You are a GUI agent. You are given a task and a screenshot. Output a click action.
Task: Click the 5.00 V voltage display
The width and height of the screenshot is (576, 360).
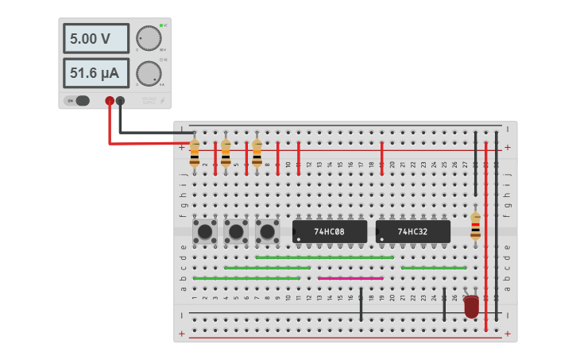(x=95, y=38)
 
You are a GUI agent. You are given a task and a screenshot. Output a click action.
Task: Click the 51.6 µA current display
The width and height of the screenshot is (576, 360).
(x=95, y=74)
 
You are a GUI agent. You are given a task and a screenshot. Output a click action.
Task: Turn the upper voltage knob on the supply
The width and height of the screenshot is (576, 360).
(x=148, y=38)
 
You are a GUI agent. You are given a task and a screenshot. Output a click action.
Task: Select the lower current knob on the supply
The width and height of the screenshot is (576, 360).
(x=148, y=74)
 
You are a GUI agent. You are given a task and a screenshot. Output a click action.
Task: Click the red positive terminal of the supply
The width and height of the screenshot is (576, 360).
(x=110, y=101)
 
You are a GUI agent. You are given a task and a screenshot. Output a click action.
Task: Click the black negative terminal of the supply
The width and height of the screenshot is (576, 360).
(x=120, y=101)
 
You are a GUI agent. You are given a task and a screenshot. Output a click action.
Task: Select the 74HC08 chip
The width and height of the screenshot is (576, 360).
(x=330, y=231)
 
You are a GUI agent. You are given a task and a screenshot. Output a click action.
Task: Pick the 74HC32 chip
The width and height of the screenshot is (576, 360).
(x=413, y=231)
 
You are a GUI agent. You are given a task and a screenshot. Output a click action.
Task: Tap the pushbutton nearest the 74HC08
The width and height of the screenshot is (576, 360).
(x=268, y=232)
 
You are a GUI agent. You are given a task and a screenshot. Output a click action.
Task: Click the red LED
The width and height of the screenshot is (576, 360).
(x=472, y=306)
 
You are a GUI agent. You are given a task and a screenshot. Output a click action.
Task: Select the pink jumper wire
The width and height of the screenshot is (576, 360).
(x=350, y=278)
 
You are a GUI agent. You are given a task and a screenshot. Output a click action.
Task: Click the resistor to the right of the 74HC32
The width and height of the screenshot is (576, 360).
(x=475, y=226)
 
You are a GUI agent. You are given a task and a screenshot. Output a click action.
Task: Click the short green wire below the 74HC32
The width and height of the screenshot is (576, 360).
(x=433, y=268)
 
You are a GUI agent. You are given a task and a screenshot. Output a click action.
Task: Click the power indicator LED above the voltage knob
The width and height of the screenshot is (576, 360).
(x=160, y=25)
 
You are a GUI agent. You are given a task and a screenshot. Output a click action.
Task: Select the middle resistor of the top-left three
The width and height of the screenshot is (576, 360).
(x=226, y=153)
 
